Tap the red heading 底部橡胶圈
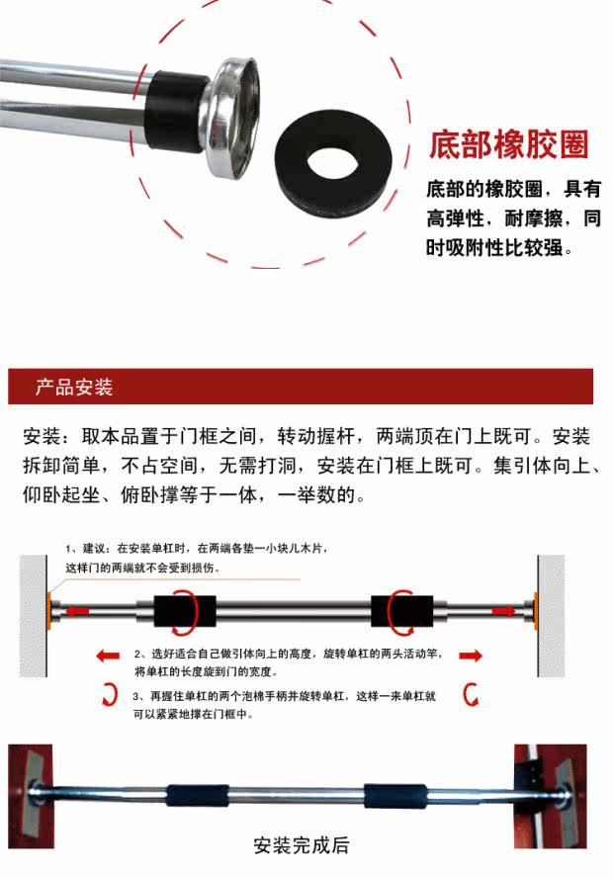point(509,144)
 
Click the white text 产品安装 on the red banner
point(74,387)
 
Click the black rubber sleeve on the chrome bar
point(174,112)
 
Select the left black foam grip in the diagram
point(185,612)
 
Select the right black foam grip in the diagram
point(401,612)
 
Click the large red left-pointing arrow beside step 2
point(108,656)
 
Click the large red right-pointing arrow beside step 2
point(470,656)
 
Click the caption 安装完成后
point(301,844)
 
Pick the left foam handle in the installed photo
point(197,796)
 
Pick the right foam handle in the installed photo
point(395,796)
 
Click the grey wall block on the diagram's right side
point(551,616)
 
